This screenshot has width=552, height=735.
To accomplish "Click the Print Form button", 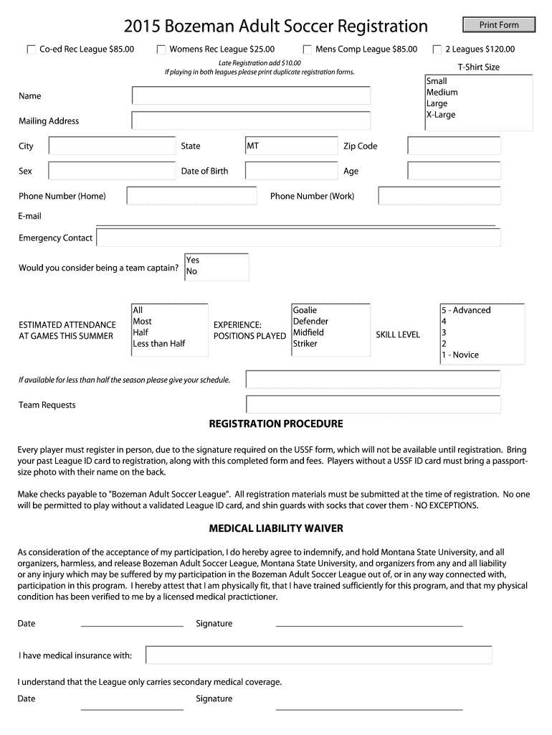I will (499, 25).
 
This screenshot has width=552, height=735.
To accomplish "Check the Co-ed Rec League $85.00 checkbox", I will (31, 50).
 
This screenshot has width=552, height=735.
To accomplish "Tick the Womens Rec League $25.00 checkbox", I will (161, 50).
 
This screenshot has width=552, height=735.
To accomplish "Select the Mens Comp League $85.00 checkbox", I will (307, 50).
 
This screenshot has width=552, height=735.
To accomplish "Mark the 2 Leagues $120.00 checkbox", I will (437, 50).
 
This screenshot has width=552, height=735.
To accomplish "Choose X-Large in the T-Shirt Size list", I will (441, 115).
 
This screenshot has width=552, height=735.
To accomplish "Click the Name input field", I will (251, 95).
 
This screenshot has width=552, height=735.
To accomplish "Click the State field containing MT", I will (290, 146).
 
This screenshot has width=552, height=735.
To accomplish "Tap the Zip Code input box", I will (454, 146).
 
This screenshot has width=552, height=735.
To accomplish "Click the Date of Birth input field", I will (290, 171).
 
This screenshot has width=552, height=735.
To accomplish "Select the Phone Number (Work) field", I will (439, 196).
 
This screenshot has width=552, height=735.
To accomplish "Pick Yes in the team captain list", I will (193, 260).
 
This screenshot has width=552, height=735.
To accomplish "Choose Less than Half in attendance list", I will (159, 344).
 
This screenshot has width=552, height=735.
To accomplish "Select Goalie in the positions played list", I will (305, 310).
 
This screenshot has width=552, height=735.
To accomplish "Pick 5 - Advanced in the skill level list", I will (466, 310).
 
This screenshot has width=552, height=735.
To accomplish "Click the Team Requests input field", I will (373, 405).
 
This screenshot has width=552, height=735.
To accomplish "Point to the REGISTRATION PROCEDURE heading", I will (276, 424).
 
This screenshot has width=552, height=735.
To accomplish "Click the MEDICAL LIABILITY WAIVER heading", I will (276, 529).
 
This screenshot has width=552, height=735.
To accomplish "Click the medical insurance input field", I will (318, 655).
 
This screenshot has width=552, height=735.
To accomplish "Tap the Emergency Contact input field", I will (298, 238).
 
